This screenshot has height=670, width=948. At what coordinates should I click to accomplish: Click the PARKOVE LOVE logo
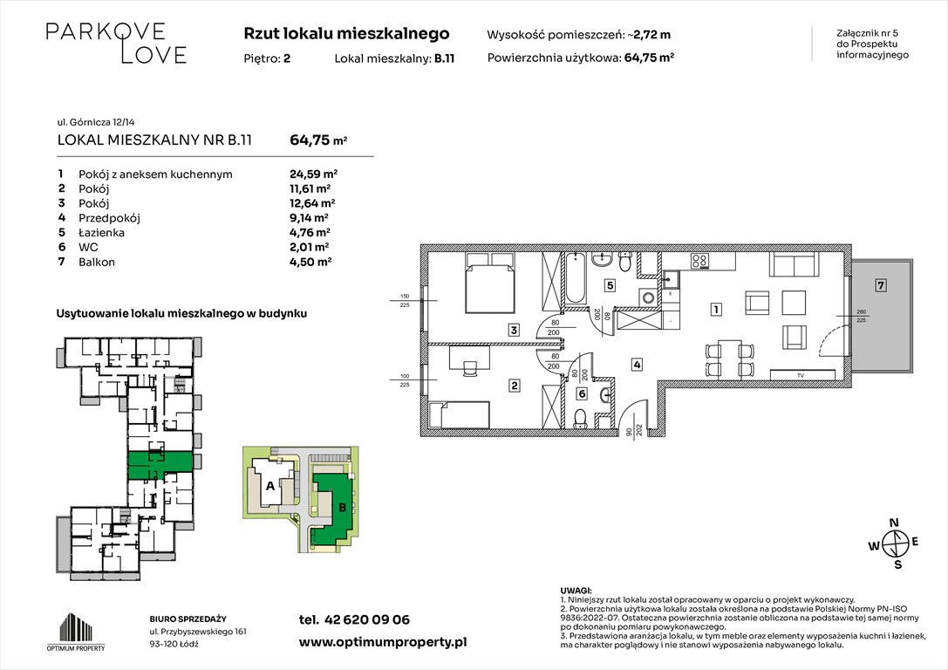tap(116, 44)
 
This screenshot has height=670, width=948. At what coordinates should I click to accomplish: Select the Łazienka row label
tap(102, 232)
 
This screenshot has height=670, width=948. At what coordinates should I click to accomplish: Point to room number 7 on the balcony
tap(882, 285)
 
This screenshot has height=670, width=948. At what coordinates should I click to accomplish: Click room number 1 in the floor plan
tap(714, 309)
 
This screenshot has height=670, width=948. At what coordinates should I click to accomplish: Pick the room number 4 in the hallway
tap(638, 365)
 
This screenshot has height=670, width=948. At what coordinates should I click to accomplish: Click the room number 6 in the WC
tap(582, 394)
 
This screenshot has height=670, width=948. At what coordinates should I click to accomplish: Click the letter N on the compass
tap(893, 523)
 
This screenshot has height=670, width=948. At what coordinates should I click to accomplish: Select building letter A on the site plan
tap(269, 486)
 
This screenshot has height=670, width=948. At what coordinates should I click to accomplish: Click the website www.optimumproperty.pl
tap(382, 641)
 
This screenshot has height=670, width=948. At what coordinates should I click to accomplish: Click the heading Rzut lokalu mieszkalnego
tap(346, 34)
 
